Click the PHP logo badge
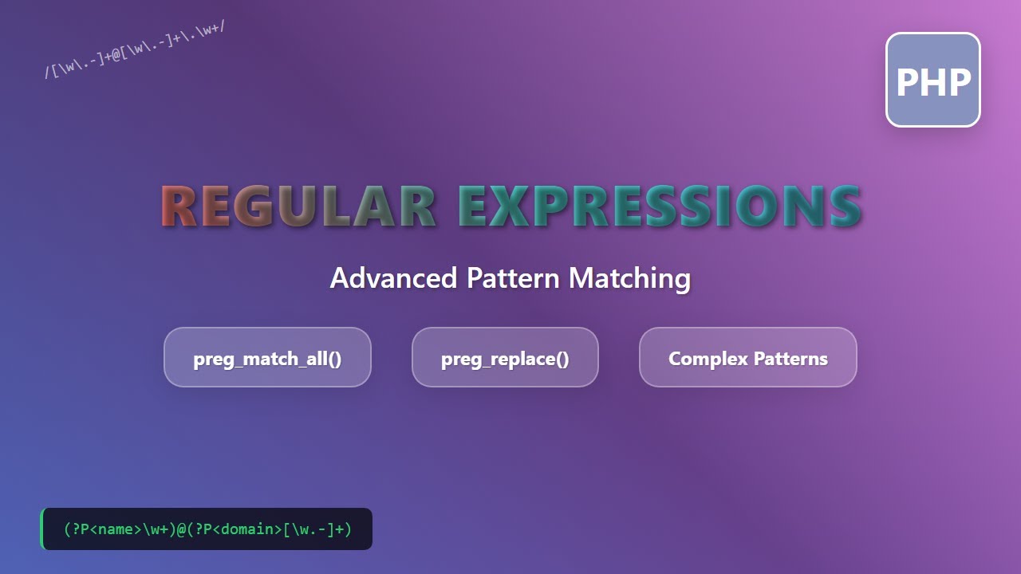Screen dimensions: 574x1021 click(x=932, y=80)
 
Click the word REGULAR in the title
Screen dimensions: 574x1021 click(x=298, y=207)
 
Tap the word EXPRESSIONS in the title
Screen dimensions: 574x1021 click(x=660, y=207)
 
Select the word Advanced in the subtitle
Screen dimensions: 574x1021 click(x=393, y=278)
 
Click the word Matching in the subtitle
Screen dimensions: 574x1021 click(x=629, y=278)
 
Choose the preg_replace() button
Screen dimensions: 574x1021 click(x=505, y=358)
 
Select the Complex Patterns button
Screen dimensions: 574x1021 click(x=747, y=358)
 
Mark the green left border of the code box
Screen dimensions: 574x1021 click(x=41, y=529)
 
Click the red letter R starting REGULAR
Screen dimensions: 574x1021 click(x=179, y=207)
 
